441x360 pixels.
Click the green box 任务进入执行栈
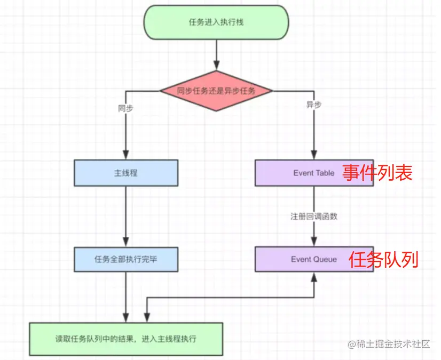coord(216,22)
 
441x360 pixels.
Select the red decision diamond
coord(216,91)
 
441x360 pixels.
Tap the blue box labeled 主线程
coord(125,173)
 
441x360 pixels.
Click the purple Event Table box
coord(314,173)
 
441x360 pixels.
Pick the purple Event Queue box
coord(314,259)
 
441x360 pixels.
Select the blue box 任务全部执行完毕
coord(125,259)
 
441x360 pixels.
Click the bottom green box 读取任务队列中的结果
coord(126,339)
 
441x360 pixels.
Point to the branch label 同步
coord(125,108)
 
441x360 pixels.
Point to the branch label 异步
coord(313,105)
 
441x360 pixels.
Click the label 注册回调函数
coord(314,217)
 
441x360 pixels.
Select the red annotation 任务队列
coord(383,260)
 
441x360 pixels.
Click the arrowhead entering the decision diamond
coord(216,67)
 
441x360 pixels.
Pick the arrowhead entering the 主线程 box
coord(126,156)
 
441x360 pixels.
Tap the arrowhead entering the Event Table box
coord(314,156)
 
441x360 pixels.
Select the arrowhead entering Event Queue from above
coord(314,242)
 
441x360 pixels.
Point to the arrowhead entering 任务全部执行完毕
coord(126,242)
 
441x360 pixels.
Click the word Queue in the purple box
coord(325,259)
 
